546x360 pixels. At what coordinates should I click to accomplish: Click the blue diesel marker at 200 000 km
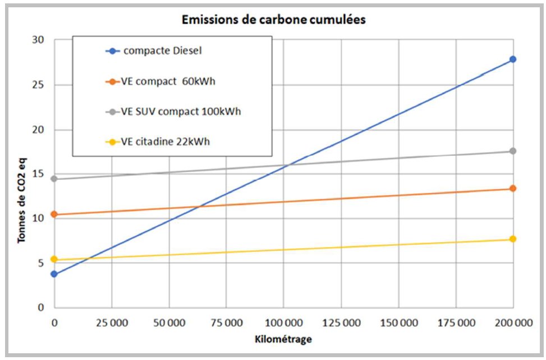point(512,59)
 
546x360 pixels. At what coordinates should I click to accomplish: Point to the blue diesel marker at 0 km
point(54,274)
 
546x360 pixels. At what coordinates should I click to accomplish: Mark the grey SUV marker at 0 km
point(54,179)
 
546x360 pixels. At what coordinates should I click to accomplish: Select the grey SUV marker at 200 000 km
point(512,151)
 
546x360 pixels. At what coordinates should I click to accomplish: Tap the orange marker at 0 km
point(54,215)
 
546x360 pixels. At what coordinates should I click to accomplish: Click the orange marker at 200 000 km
point(512,188)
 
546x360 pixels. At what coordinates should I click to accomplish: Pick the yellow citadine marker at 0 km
point(54,259)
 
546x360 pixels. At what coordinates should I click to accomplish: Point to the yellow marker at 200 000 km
point(512,239)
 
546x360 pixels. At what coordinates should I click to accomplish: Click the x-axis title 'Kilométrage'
point(283,340)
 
